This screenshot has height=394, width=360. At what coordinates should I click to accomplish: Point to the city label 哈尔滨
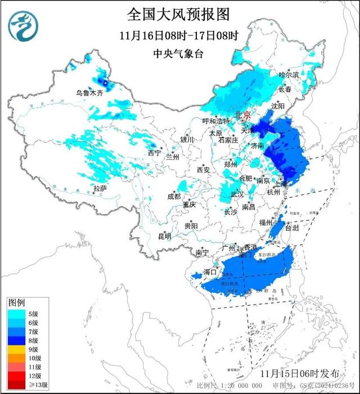tap(289, 74)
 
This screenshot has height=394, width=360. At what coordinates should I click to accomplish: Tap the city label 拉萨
tap(100, 188)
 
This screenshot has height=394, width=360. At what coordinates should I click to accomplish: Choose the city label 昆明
tap(164, 236)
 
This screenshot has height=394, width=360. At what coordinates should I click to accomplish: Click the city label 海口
tap(210, 272)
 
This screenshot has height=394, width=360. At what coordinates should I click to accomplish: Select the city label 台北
tap(292, 229)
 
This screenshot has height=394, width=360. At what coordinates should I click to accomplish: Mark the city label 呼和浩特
tap(216, 121)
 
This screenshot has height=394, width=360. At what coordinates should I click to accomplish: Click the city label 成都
tap(174, 196)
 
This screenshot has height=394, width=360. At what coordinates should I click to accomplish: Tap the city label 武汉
tap(237, 194)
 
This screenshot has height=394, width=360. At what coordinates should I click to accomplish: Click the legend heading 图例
tap(16, 303)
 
